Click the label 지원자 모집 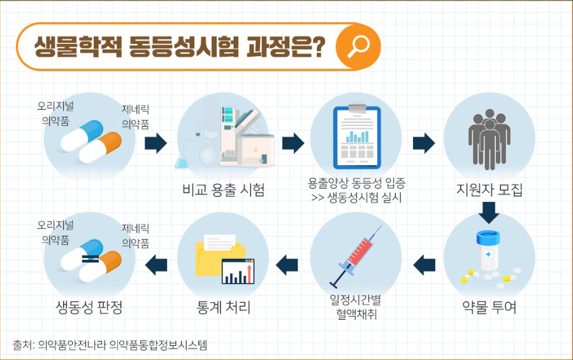[490, 189]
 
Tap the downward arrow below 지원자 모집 [490, 212]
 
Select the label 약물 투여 [490, 307]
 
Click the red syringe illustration [356, 256]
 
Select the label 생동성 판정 [89, 308]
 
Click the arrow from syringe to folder [287, 263]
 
